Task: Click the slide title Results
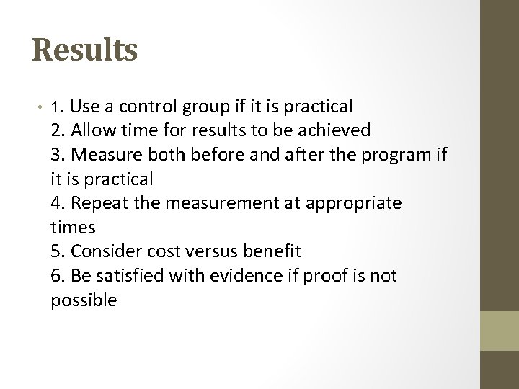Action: [x=85, y=51]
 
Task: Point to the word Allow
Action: [x=96, y=130]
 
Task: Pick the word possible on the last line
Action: [x=84, y=300]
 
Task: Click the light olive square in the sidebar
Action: [x=500, y=331]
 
